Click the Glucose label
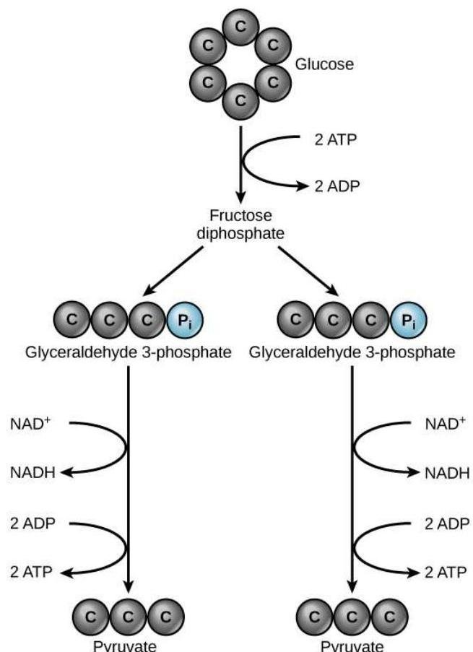click(x=324, y=65)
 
